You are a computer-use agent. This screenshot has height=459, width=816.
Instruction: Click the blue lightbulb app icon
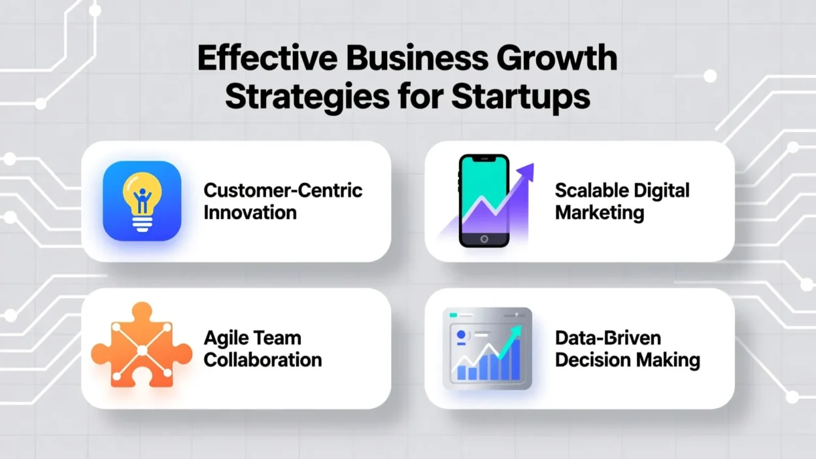tap(142, 201)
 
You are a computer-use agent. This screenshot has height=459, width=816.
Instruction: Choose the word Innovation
tap(250, 212)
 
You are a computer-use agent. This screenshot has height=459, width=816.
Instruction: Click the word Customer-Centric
tap(283, 190)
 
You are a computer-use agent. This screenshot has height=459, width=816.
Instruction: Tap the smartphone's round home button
tap(483, 239)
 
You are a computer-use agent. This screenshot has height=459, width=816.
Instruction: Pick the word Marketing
tap(600, 212)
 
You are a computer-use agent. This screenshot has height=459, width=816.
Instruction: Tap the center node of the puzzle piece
tap(142, 350)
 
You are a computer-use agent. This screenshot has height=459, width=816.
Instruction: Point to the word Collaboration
tap(263, 360)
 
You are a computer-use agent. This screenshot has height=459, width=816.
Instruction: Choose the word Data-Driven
tap(607, 338)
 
